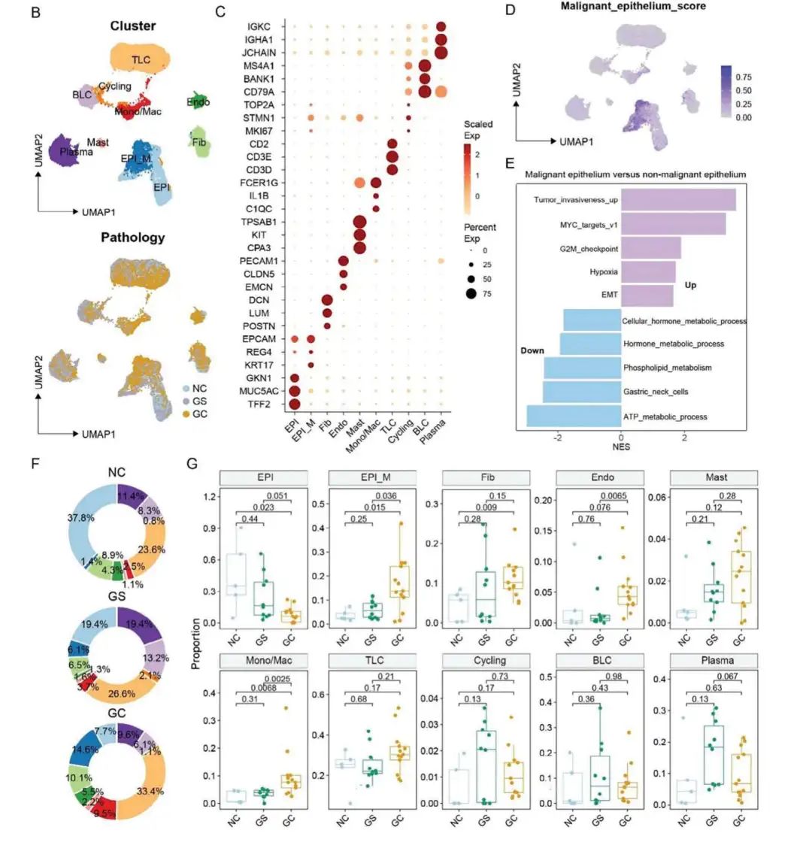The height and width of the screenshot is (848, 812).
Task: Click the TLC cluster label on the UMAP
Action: coord(141,60)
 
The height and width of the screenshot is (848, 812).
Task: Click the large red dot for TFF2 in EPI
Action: coord(295,404)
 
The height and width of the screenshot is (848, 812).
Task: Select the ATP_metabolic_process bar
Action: coord(574,416)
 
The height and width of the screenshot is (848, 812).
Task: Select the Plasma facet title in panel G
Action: coord(708,661)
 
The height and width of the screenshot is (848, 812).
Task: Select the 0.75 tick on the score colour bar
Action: coord(742,77)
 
